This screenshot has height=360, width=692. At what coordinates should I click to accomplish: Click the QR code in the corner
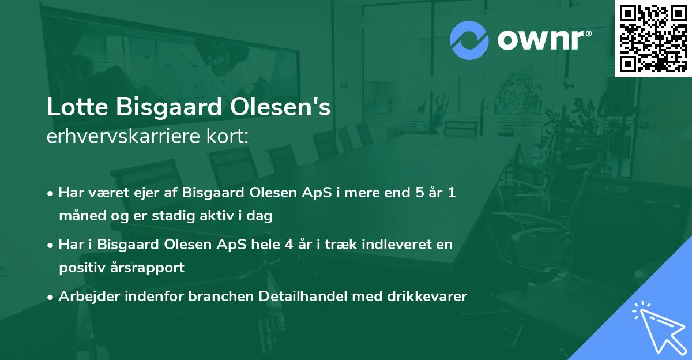[x=652, y=38]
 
